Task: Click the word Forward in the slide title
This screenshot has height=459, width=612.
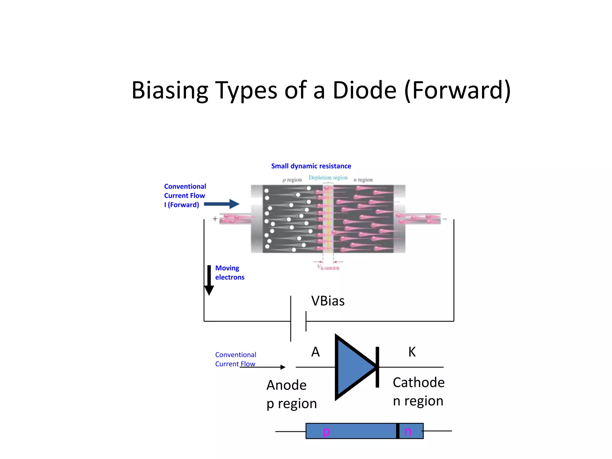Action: (x=458, y=90)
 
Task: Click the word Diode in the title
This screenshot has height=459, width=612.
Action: (x=364, y=90)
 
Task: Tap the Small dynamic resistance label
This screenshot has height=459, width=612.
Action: (x=311, y=166)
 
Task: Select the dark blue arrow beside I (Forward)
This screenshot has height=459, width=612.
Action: (x=221, y=204)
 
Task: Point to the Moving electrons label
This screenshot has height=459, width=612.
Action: (x=229, y=273)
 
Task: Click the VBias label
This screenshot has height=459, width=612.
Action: (x=328, y=301)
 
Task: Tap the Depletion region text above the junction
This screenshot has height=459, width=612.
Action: (x=328, y=178)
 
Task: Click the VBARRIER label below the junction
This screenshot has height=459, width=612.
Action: (x=328, y=267)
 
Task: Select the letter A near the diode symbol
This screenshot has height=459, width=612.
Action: (x=315, y=352)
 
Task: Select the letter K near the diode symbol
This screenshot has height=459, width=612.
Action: (x=412, y=352)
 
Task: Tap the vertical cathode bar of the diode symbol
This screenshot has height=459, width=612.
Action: (x=377, y=367)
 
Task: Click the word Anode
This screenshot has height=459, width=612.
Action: (x=286, y=385)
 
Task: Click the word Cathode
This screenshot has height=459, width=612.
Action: (x=418, y=382)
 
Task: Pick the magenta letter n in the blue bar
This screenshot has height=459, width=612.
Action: (x=408, y=432)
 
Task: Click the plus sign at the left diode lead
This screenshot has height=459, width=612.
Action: (x=215, y=219)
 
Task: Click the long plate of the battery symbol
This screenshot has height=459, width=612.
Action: (x=291, y=319)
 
